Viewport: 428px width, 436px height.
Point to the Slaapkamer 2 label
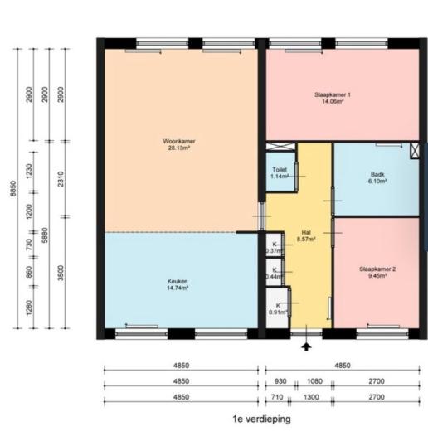pyautogui.click(x=377, y=269)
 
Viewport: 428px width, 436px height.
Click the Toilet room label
pyautogui.click(x=279, y=168)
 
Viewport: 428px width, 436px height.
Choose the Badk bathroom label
pyautogui.click(x=377, y=174)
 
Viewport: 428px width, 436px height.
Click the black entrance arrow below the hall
pyautogui.click(x=308, y=346)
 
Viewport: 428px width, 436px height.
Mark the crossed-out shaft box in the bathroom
pyautogui.click(x=415, y=151)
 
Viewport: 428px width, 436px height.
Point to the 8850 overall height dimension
pyautogui.click(x=12, y=190)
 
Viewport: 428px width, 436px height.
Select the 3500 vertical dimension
pyautogui.click(x=61, y=273)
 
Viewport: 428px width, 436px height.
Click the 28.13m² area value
pyautogui.click(x=178, y=148)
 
